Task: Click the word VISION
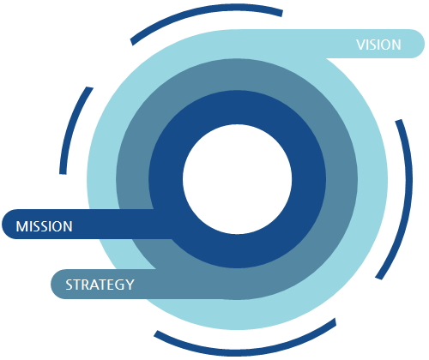click(378, 45)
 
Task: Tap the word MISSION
click(45, 226)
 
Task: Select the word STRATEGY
click(100, 285)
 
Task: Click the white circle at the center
click(237, 179)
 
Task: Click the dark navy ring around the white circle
click(309, 179)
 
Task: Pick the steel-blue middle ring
click(341, 179)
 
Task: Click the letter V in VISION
click(360, 45)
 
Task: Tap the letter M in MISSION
click(21, 226)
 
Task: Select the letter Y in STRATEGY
click(130, 285)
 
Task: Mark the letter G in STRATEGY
click(119, 285)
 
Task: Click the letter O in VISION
click(385, 45)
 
